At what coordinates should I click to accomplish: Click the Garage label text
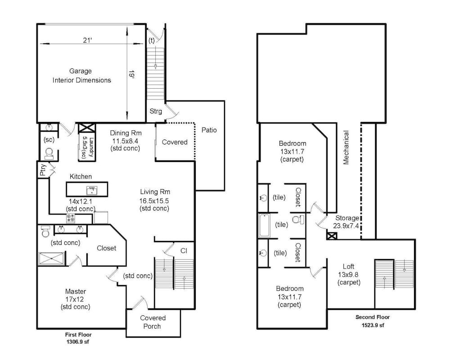(x=81, y=71)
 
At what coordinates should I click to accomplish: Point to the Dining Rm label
(x=126, y=133)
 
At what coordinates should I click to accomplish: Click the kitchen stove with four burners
(x=71, y=218)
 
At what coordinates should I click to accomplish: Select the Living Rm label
(x=154, y=192)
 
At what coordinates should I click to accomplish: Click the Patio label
(x=209, y=130)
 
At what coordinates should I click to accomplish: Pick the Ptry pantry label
(x=43, y=170)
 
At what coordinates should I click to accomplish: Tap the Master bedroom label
(x=75, y=291)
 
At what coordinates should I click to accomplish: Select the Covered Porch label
(x=153, y=322)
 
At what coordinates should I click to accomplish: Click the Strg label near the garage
(x=156, y=111)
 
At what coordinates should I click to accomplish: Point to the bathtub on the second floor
(x=264, y=225)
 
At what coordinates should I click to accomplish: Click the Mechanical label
(x=346, y=148)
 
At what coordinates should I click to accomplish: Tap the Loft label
(x=349, y=266)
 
